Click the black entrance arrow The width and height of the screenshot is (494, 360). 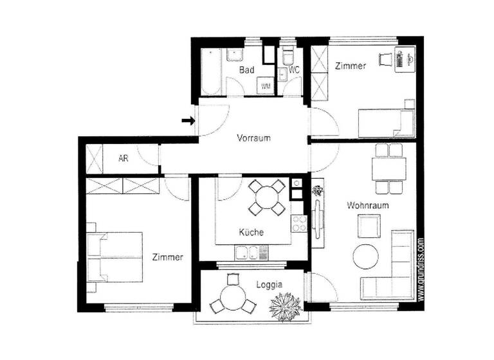point(188,120)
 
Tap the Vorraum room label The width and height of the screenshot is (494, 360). point(253,138)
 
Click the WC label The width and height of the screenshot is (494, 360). point(295,69)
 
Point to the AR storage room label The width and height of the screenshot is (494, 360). point(123,158)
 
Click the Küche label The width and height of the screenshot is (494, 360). point(251,232)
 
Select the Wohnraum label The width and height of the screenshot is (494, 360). point(365,206)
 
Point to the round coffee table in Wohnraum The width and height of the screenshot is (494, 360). point(365,256)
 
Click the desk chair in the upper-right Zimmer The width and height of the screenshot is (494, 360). point(385,60)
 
